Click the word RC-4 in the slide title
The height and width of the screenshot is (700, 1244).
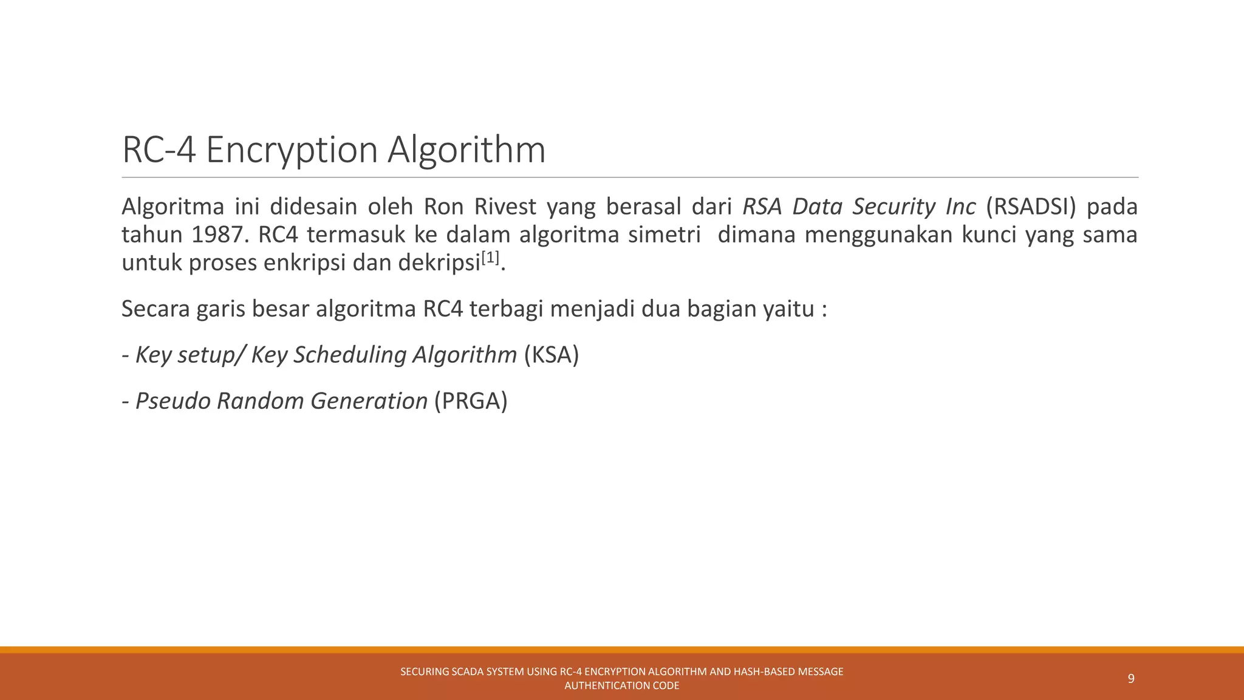[159, 149]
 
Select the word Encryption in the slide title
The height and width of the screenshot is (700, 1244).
[292, 149]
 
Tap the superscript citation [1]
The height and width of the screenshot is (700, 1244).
[490, 258]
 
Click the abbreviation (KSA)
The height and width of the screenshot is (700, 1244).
[551, 355]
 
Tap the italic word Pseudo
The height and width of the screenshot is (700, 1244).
[173, 401]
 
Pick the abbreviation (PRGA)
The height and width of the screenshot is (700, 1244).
[471, 401]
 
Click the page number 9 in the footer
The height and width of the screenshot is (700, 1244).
[1131, 679]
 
